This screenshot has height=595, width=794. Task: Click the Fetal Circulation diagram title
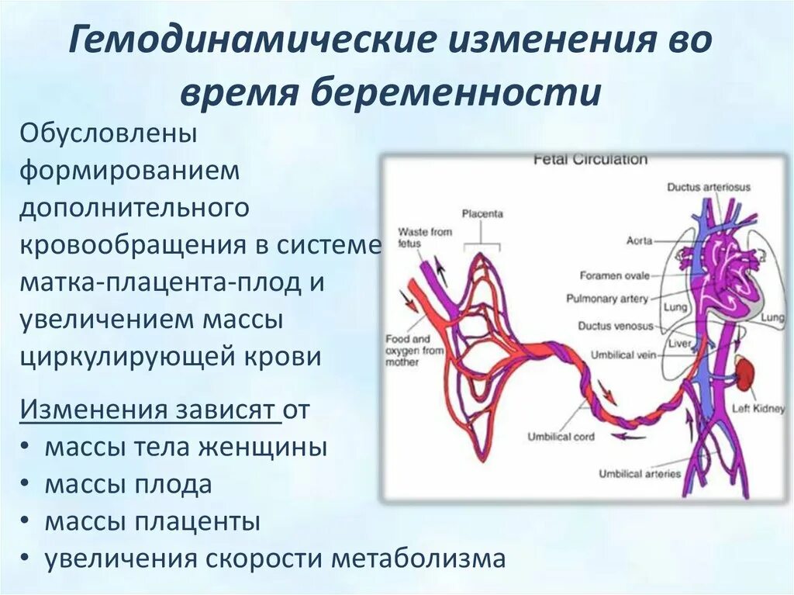590,159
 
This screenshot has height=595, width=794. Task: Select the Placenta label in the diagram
482,213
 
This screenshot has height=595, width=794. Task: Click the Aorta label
640,241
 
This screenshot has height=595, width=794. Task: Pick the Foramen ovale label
613,275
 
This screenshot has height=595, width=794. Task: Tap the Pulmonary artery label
606,299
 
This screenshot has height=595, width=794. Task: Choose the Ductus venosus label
616,327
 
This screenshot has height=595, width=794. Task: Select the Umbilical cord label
561,437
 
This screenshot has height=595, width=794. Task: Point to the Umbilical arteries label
640,473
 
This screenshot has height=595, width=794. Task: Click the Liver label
678,341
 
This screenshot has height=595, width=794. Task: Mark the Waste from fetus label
424,237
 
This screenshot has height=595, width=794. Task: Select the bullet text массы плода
128,485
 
